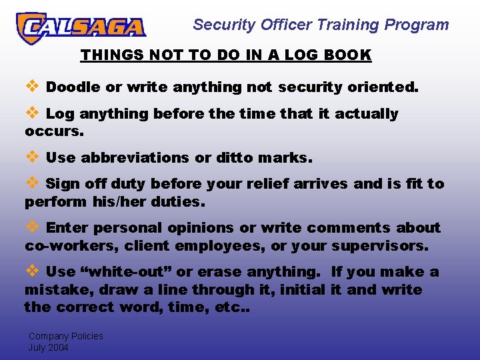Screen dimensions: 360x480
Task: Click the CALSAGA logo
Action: [81, 27]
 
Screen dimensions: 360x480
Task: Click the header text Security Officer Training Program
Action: [321, 25]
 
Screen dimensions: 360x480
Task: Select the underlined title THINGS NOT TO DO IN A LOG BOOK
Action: [225, 55]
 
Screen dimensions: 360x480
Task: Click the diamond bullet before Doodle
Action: [31, 86]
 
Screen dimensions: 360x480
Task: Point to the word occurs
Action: [54, 131]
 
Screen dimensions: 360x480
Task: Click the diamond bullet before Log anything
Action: [31, 113]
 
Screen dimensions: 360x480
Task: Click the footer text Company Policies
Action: [65, 336]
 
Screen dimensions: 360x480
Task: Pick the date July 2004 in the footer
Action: [48, 347]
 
